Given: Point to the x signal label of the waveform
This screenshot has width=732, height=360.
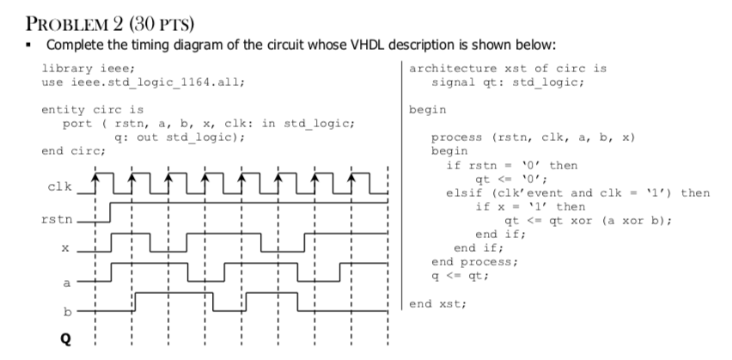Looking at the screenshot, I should click(64, 249).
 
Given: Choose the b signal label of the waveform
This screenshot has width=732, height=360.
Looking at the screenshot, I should click(65, 310).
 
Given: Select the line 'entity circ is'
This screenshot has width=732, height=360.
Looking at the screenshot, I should click(92, 110).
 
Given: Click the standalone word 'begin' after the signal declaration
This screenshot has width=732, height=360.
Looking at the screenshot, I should click(426, 110).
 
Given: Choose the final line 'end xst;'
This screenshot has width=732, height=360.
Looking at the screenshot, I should click(437, 303).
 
